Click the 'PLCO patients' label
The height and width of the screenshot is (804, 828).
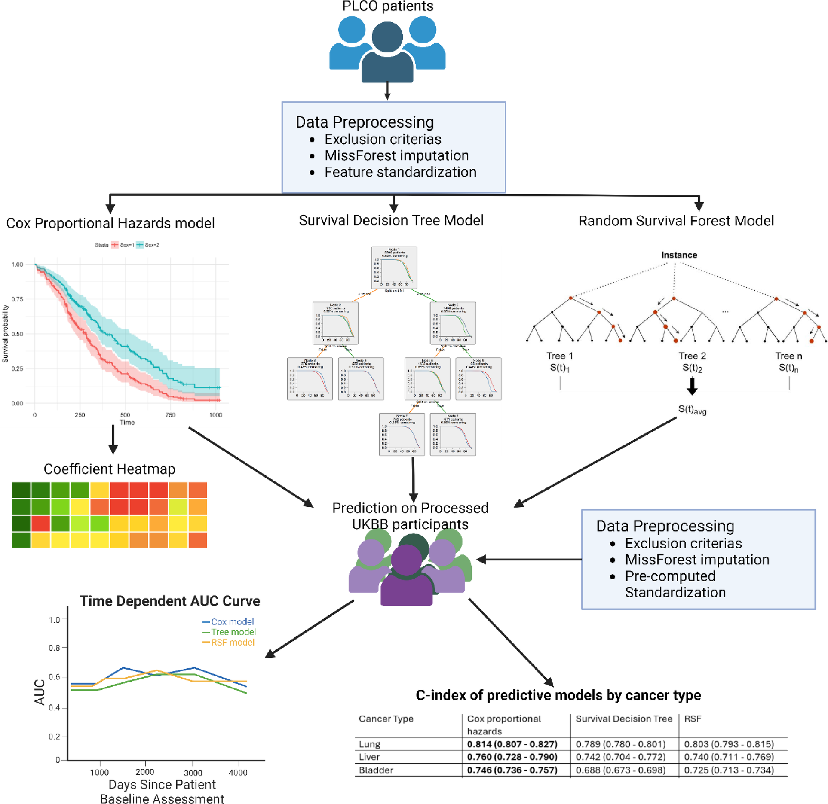tap(387, 6)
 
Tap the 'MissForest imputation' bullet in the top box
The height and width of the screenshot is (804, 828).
tap(396, 155)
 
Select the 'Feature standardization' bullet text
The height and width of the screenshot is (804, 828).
tap(400, 172)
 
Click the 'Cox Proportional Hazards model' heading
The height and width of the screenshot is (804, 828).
tap(110, 223)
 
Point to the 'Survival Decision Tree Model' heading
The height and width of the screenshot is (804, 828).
tap(391, 220)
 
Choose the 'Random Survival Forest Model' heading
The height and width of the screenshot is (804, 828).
tap(675, 221)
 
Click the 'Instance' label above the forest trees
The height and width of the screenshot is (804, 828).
tap(679, 255)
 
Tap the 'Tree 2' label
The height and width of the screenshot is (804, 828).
tap(692, 356)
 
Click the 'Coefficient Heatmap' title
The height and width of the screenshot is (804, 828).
tap(109, 469)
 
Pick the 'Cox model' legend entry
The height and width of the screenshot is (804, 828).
tap(232, 621)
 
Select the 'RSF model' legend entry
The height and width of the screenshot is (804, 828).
tap(233, 642)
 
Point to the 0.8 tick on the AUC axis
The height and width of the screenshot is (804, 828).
tap(54, 648)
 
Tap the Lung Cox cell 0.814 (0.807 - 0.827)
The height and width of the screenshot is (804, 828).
tap(512, 744)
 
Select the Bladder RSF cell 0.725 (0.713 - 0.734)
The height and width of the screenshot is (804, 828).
tap(729, 770)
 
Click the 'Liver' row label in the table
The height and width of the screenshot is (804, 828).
tap(369, 757)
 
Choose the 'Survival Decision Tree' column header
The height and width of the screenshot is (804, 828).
tap(623, 719)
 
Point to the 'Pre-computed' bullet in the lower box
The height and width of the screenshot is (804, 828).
tap(670, 576)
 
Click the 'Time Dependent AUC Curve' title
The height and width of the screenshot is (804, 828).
tap(170, 601)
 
